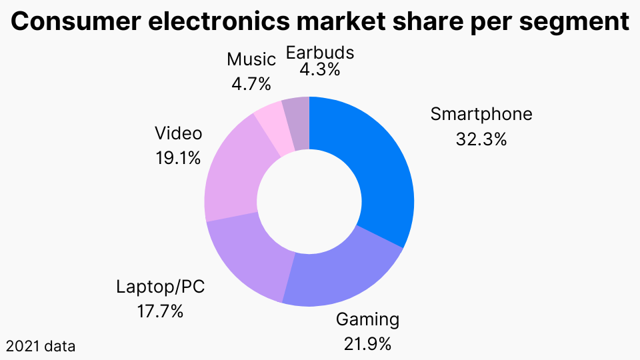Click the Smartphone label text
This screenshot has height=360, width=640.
[x=481, y=114]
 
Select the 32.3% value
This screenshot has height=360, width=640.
[x=481, y=140]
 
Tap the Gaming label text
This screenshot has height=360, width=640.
[x=367, y=319]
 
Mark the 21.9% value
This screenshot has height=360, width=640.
[x=367, y=344]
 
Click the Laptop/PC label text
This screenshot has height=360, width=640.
[x=160, y=287]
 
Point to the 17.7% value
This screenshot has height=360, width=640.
[x=160, y=311]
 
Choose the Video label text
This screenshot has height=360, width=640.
[x=178, y=133]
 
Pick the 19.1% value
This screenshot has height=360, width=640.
[x=178, y=159]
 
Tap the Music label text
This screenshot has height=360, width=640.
[x=251, y=59]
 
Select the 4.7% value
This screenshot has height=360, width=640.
[x=251, y=84]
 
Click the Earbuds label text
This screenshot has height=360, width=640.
[x=319, y=52]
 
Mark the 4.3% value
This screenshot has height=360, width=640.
[x=319, y=69]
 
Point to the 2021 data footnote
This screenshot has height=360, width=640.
[x=41, y=346]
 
